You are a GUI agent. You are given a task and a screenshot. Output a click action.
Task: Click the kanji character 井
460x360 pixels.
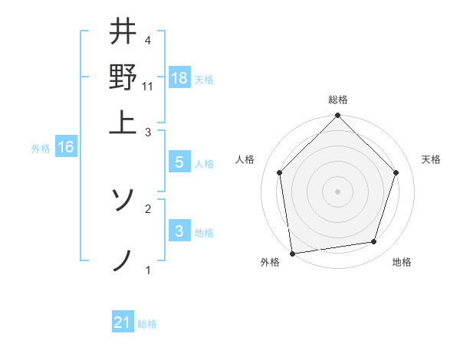[123, 33]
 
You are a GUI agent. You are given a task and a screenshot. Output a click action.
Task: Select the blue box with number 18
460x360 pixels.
[179, 77]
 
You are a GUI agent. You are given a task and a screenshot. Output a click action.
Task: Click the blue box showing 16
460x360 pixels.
[66, 147]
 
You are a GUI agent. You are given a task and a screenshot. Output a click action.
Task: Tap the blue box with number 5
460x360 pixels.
[179, 162]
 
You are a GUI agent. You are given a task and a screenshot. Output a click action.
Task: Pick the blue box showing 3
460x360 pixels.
[179, 231]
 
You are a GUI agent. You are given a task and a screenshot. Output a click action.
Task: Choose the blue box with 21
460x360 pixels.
[123, 322]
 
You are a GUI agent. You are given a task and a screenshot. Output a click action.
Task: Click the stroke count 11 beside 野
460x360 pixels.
[148, 87]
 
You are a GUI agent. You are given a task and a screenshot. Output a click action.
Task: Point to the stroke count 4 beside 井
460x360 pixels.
[148, 40]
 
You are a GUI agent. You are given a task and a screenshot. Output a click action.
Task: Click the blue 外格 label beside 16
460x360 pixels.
[41, 149]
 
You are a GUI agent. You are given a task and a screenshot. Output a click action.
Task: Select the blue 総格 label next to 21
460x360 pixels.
[147, 324]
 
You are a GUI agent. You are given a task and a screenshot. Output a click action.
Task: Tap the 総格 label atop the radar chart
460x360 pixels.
[337, 100]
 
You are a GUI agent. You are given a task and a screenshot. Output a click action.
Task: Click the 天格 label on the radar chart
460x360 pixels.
[432, 159]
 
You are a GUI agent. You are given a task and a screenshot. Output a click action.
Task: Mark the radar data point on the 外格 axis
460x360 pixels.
[292, 253]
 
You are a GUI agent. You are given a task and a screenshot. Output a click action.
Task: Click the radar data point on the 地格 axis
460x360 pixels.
[374, 242]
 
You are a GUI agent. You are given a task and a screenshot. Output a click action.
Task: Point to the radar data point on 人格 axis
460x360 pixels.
[280, 172]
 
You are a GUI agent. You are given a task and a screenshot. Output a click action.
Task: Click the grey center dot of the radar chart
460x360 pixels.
[337, 191]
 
